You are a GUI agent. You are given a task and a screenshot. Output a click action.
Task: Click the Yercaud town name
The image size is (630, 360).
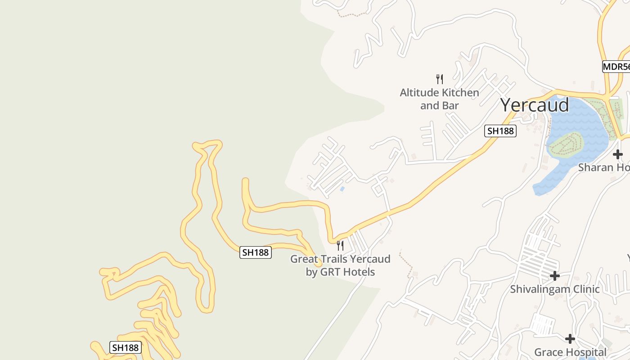click(x=535, y=105)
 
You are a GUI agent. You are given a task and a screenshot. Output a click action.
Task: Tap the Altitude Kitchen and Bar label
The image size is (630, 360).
click(x=439, y=99)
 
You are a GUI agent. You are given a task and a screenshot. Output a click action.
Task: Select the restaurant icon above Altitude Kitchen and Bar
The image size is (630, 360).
click(x=440, y=79)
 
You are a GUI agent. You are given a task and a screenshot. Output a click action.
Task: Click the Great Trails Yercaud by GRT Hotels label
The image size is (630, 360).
click(x=340, y=265)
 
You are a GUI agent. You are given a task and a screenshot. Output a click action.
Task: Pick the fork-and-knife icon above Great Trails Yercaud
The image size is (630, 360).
click(x=340, y=246)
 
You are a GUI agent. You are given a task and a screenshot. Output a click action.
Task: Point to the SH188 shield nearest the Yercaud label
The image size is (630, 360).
click(x=500, y=131)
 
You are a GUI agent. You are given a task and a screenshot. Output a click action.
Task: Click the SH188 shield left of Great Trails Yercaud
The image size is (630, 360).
click(x=255, y=252)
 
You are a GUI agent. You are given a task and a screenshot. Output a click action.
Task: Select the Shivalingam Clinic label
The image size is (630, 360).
click(x=554, y=289)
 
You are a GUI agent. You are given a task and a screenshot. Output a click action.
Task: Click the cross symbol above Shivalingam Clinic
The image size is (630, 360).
click(x=555, y=275)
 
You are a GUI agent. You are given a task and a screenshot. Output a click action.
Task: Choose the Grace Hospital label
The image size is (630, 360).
click(x=570, y=352)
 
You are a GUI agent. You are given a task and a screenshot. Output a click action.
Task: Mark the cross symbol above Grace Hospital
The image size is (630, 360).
click(x=570, y=338)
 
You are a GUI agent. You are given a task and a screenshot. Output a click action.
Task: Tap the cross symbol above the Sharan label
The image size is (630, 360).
click(x=617, y=154)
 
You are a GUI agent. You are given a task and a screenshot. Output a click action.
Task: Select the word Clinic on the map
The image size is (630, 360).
click(x=584, y=289)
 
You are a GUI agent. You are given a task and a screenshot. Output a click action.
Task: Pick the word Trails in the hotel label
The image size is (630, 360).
click(x=333, y=259)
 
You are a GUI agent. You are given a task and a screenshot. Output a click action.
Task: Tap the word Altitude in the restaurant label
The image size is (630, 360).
click(x=418, y=93)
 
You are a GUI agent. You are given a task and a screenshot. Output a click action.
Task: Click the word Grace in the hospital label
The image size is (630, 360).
click(x=548, y=352)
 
